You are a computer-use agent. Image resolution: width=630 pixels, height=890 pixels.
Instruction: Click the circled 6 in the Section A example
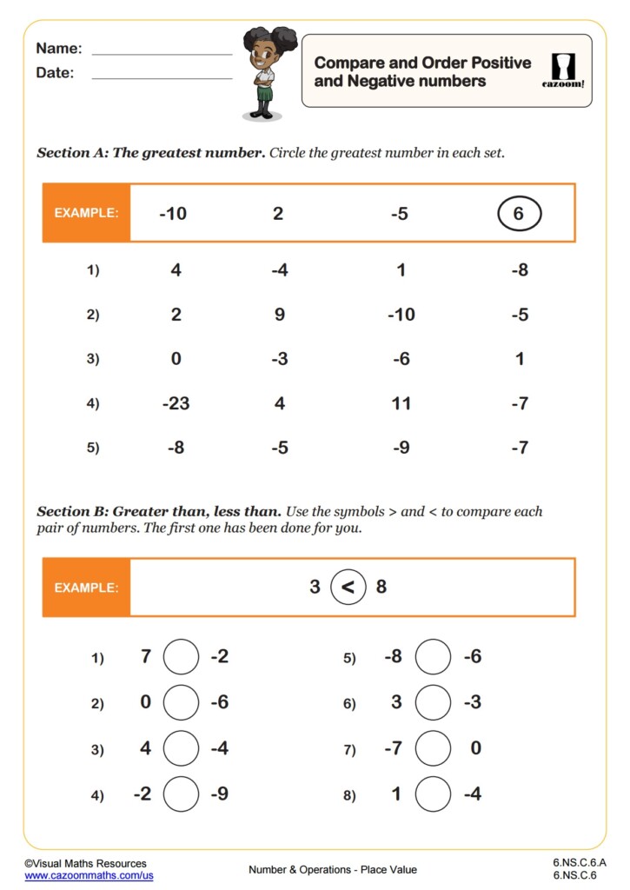[519, 213]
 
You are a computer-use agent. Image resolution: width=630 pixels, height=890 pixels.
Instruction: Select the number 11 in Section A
[400, 403]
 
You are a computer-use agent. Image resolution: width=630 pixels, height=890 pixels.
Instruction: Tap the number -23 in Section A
[176, 403]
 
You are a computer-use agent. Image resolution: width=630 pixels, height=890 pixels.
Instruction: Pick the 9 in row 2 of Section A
[279, 315]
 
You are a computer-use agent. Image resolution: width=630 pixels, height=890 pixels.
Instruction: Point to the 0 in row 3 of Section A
[176, 359]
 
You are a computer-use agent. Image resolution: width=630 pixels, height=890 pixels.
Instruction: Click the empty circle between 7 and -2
[181, 657]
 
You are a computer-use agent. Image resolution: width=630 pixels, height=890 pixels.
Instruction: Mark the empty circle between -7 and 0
[433, 748]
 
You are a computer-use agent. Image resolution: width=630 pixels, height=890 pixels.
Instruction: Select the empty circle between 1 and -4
[433, 794]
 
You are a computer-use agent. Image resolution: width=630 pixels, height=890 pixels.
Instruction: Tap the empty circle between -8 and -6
[433, 657]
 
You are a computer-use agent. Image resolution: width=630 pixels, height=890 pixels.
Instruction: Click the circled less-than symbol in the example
[348, 588]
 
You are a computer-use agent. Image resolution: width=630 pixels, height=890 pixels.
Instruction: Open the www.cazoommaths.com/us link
[89, 875]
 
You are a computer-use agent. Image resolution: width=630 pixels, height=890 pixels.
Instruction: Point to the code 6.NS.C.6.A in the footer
[579, 862]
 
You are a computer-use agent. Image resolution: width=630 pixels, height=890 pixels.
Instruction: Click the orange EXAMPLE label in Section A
[86, 213]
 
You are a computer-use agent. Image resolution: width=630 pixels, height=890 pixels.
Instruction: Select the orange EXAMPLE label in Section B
[86, 588]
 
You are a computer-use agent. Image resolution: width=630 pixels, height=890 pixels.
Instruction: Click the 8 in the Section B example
[381, 588]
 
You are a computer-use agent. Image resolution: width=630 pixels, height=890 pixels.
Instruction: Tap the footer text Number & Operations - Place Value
[333, 869]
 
